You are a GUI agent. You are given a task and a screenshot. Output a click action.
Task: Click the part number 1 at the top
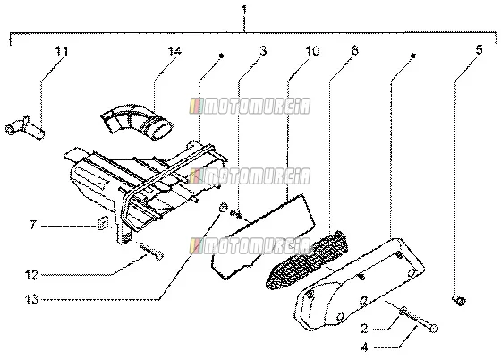[x=244, y=10]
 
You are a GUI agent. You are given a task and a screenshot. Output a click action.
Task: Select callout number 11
[x=62, y=50]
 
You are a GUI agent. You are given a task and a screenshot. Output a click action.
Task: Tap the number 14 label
[x=174, y=51]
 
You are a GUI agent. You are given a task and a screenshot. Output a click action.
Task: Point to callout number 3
[x=263, y=50]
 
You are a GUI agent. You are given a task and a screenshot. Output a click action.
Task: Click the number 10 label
[x=312, y=50]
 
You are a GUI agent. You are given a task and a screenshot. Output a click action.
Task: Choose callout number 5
[x=479, y=50]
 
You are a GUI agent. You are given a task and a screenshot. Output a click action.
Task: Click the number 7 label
[x=33, y=225]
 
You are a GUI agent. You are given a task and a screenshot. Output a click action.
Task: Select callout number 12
[x=31, y=275]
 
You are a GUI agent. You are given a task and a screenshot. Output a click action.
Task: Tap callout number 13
[x=31, y=299]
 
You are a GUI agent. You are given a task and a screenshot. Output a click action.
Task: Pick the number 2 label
[x=364, y=329]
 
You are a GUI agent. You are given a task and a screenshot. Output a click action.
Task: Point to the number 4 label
[x=364, y=347]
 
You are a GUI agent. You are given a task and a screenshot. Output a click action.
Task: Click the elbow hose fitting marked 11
[x=25, y=127]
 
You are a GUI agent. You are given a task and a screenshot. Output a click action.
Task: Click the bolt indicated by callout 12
[x=151, y=251]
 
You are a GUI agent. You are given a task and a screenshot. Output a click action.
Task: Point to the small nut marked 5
[x=459, y=300]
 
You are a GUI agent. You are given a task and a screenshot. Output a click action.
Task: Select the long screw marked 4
[x=420, y=319]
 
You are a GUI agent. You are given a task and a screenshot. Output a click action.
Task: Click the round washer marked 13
[x=223, y=207]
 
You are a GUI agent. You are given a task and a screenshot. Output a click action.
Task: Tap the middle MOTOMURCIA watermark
[x=250, y=176]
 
